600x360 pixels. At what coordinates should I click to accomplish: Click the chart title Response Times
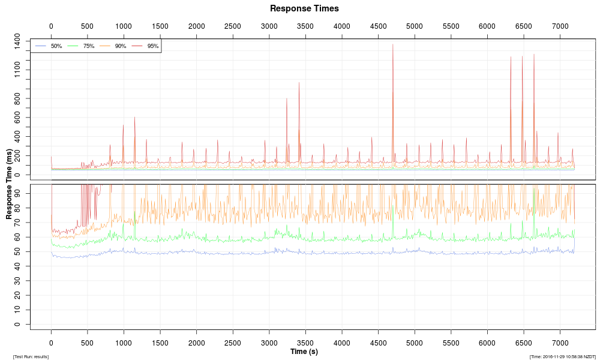[304, 8]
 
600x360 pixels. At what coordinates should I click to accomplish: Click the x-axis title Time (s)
[304, 352]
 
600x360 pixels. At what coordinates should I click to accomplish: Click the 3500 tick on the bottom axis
[305, 343]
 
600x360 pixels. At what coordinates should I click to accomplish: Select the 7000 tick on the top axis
[560, 26]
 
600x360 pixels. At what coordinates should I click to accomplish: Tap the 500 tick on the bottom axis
[88, 343]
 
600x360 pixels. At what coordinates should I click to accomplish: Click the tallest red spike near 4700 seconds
[392, 45]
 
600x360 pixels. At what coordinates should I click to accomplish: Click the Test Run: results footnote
[31, 356]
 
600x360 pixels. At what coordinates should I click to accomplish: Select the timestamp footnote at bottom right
[562, 356]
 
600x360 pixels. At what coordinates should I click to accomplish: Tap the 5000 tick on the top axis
[414, 26]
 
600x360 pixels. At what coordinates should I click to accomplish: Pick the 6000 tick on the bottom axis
[487, 343]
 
